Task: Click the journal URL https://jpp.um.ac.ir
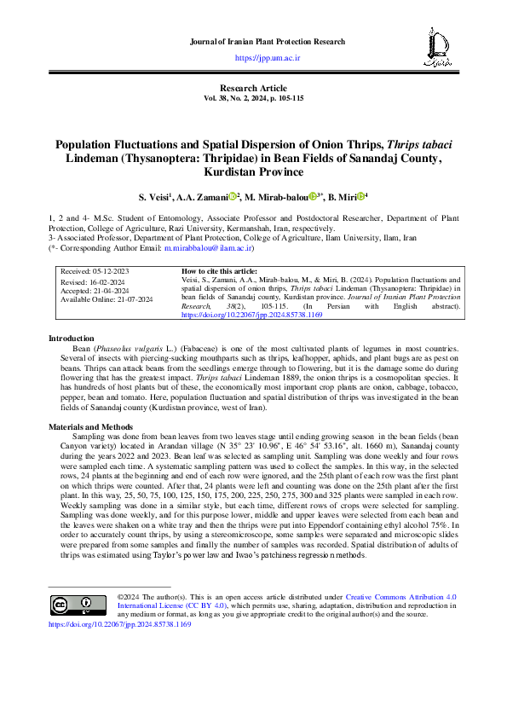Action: tap(267, 57)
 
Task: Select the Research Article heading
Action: tap(252, 89)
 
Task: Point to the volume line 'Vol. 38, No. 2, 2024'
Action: tap(252, 99)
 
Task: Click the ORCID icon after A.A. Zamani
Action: tap(231, 196)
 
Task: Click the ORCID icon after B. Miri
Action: tap(361, 196)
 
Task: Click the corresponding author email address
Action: tap(207, 248)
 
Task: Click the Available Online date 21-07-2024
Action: tap(107, 299)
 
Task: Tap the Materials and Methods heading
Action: tap(91, 426)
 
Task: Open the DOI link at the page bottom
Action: tap(120, 624)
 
